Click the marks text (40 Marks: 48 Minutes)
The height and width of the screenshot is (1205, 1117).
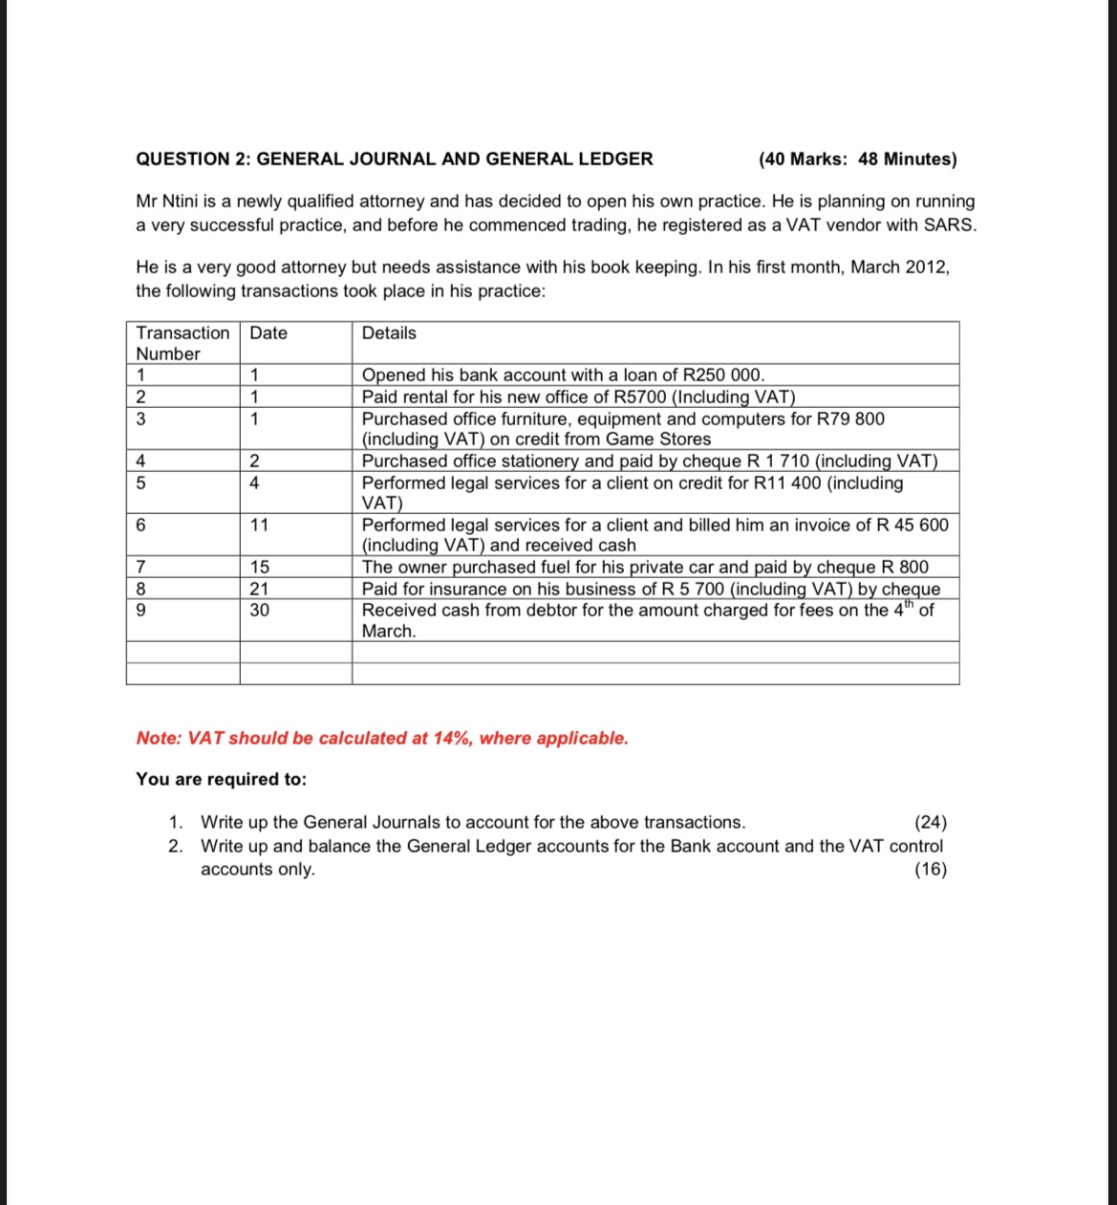(857, 160)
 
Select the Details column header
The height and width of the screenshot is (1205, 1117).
(389, 334)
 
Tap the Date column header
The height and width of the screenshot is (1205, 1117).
(269, 334)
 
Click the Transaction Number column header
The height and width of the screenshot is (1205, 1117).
(182, 343)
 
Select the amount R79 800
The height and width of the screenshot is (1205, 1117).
(850, 420)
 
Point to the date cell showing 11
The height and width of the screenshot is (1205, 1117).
(259, 526)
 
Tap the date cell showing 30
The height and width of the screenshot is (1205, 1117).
(259, 611)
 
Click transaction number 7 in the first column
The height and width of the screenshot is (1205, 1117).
(141, 568)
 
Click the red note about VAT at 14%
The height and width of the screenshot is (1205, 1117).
(382, 739)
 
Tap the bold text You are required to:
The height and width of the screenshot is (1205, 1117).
(222, 780)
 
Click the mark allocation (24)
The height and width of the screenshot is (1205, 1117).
(931, 823)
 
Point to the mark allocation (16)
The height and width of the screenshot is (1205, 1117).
(931, 870)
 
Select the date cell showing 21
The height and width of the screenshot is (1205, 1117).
(259, 590)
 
